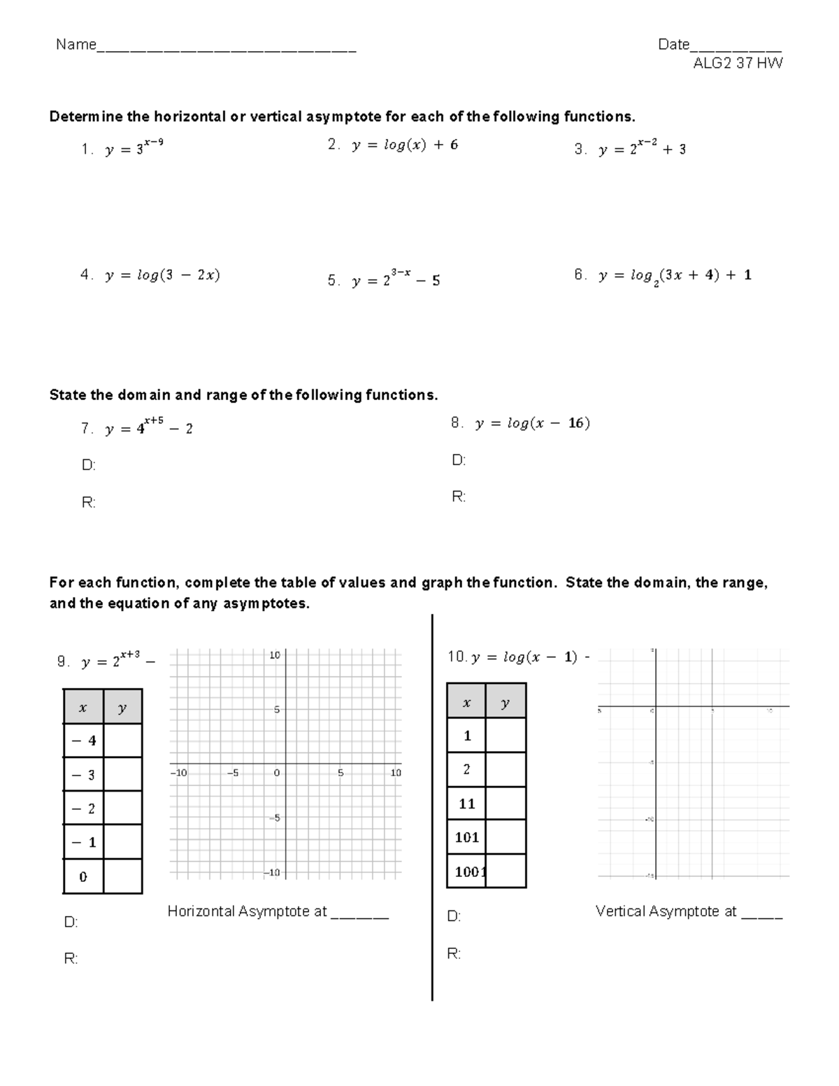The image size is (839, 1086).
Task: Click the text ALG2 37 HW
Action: (738, 64)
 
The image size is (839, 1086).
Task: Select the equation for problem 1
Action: (134, 148)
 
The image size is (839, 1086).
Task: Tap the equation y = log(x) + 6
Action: (405, 145)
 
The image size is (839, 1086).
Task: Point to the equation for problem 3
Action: (642, 149)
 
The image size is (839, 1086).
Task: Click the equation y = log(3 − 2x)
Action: (162, 275)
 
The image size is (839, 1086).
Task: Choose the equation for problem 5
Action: (396, 280)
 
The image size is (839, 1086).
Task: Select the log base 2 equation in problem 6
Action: (675, 276)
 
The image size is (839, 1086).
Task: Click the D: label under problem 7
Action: (89, 465)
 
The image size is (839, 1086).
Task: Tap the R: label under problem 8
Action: (459, 497)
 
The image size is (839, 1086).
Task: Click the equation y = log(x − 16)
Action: (532, 423)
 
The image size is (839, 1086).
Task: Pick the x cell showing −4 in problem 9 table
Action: (83, 741)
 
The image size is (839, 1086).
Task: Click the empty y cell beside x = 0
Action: (122, 876)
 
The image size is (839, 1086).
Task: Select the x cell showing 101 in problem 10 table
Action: (466, 837)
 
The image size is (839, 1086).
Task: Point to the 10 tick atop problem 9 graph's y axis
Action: (275, 655)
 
